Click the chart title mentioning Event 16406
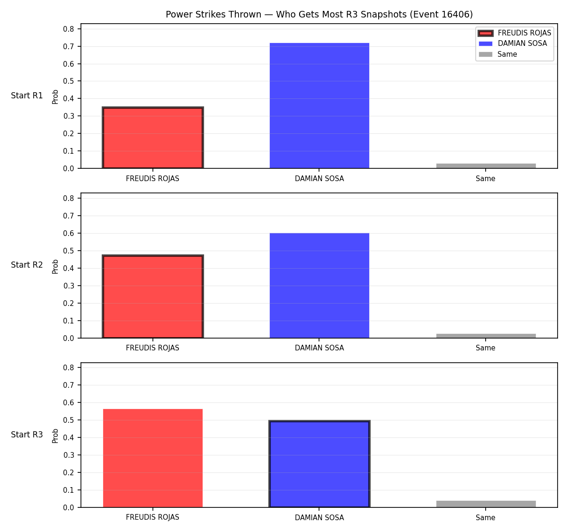319,14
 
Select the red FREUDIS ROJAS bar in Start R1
153,138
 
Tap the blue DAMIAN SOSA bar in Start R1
319,105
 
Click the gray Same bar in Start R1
486,166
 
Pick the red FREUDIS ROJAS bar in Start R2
153,297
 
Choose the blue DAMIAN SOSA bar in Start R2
319,286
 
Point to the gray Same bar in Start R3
486,504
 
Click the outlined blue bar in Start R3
319,464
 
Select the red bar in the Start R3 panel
153,458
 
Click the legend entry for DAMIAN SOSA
513,44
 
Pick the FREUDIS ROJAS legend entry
515,33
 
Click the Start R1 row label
27,96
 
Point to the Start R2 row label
27,265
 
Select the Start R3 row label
27,435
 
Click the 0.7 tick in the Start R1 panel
68,47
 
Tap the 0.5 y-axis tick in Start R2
68,251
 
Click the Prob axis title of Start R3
55,436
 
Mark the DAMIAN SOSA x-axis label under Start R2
319,348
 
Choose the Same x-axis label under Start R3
485,517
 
